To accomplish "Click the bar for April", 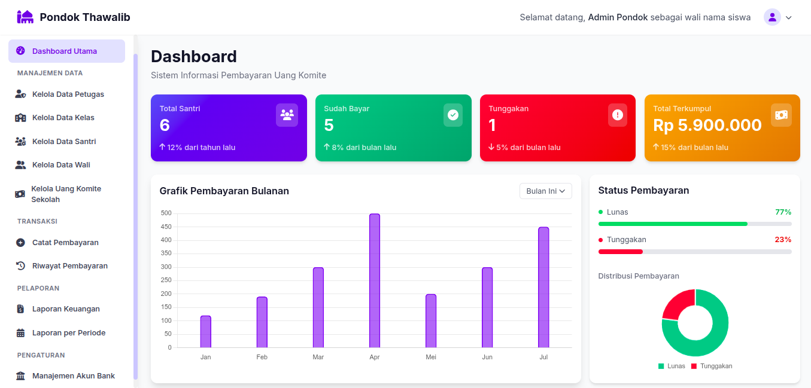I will pos(375,280).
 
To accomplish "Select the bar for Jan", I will pos(206,332).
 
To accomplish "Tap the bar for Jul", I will pos(543,287).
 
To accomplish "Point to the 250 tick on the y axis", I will pos(166,280).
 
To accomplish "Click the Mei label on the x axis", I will pos(431,357).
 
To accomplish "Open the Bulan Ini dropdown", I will pos(546,191).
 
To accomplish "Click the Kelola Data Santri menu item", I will pos(64,142).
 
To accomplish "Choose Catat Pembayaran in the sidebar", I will pos(65,243).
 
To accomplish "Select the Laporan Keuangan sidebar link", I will pos(66,309).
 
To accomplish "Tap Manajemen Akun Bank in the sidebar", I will pos(73,376).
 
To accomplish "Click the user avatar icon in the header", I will pos(772,17).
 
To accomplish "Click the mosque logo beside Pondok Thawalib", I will pos(25,17).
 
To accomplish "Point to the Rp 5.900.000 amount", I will pos(707,126).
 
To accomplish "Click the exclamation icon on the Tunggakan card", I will pos(618,115).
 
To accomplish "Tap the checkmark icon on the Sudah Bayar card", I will pos(453,115).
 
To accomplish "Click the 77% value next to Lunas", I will pos(783,212).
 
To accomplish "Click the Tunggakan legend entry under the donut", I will pos(712,366).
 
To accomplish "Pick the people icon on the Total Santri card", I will pos(287,115).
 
